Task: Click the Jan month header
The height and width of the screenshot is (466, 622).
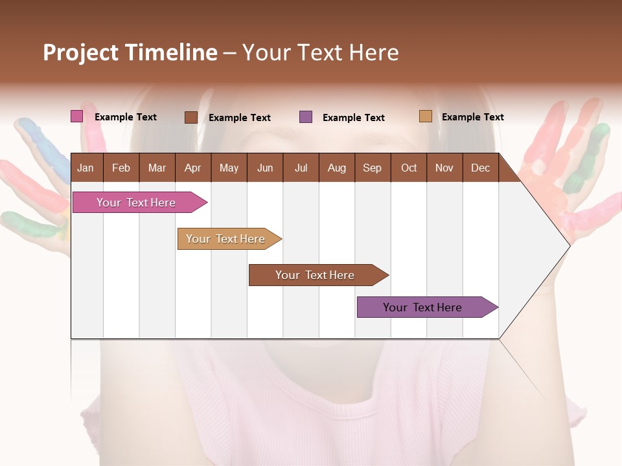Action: pyautogui.click(x=86, y=168)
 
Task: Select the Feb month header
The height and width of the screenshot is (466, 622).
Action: pyautogui.click(x=121, y=168)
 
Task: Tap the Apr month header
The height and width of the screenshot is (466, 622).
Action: pyautogui.click(x=192, y=168)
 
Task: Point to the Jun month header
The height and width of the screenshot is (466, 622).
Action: pyautogui.click(x=265, y=168)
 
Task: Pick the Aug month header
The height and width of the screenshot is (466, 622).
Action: pyautogui.click(x=336, y=168)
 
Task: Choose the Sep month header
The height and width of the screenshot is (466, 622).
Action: pyautogui.click(x=372, y=168)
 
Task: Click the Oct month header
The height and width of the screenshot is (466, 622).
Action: pyautogui.click(x=409, y=168)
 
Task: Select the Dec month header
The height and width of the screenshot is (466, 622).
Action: pyautogui.click(x=480, y=168)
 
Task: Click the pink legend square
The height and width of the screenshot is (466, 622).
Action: pyautogui.click(x=76, y=116)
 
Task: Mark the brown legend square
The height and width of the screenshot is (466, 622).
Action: pyautogui.click(x=190, y=117)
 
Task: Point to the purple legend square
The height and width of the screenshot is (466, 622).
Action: pyautogui.click(x=306, y=117)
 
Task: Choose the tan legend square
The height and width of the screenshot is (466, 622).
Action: pyautogui.click(x=425, y=116)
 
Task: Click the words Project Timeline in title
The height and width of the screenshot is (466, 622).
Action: pyautogui.click(x=130, y=52)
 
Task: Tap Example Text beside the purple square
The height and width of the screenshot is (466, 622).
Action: pyautogui.click(x=353, y=118)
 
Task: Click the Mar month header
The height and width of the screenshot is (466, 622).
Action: pyautogui.click(x=157, y=168)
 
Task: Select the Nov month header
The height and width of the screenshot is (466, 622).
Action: pyautogui.click(x=444, y=168)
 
